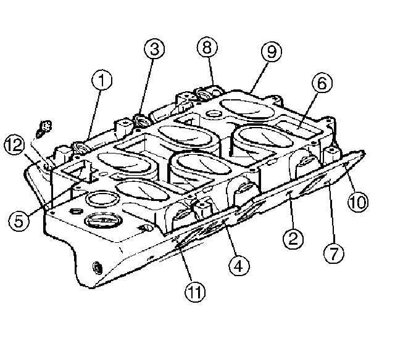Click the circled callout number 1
click(101, 80)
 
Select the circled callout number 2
click(293, 238)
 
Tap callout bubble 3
click(154, 49)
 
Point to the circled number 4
click(239, 266)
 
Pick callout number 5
click(19, 221)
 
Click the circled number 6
click(322, 83)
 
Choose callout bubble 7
click(334, 253)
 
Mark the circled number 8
click(207, 47)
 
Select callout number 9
click(272, 51)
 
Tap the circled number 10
click(358, 202)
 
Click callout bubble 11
click(195, 292)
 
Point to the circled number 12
click(15, 145)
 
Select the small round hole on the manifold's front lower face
click(98, 268)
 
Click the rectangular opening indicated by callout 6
click(299, 128)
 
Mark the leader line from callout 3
click(147, 87)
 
